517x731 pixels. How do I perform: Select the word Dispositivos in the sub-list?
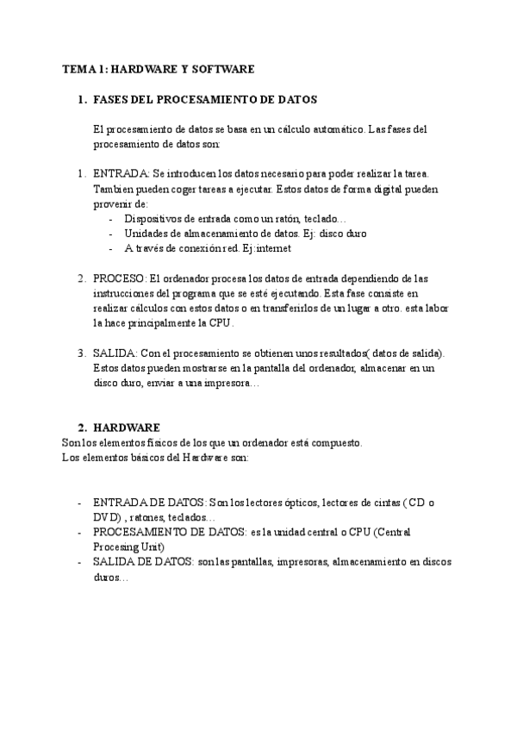pos(154,219)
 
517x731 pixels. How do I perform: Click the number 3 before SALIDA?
pos(82,353)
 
